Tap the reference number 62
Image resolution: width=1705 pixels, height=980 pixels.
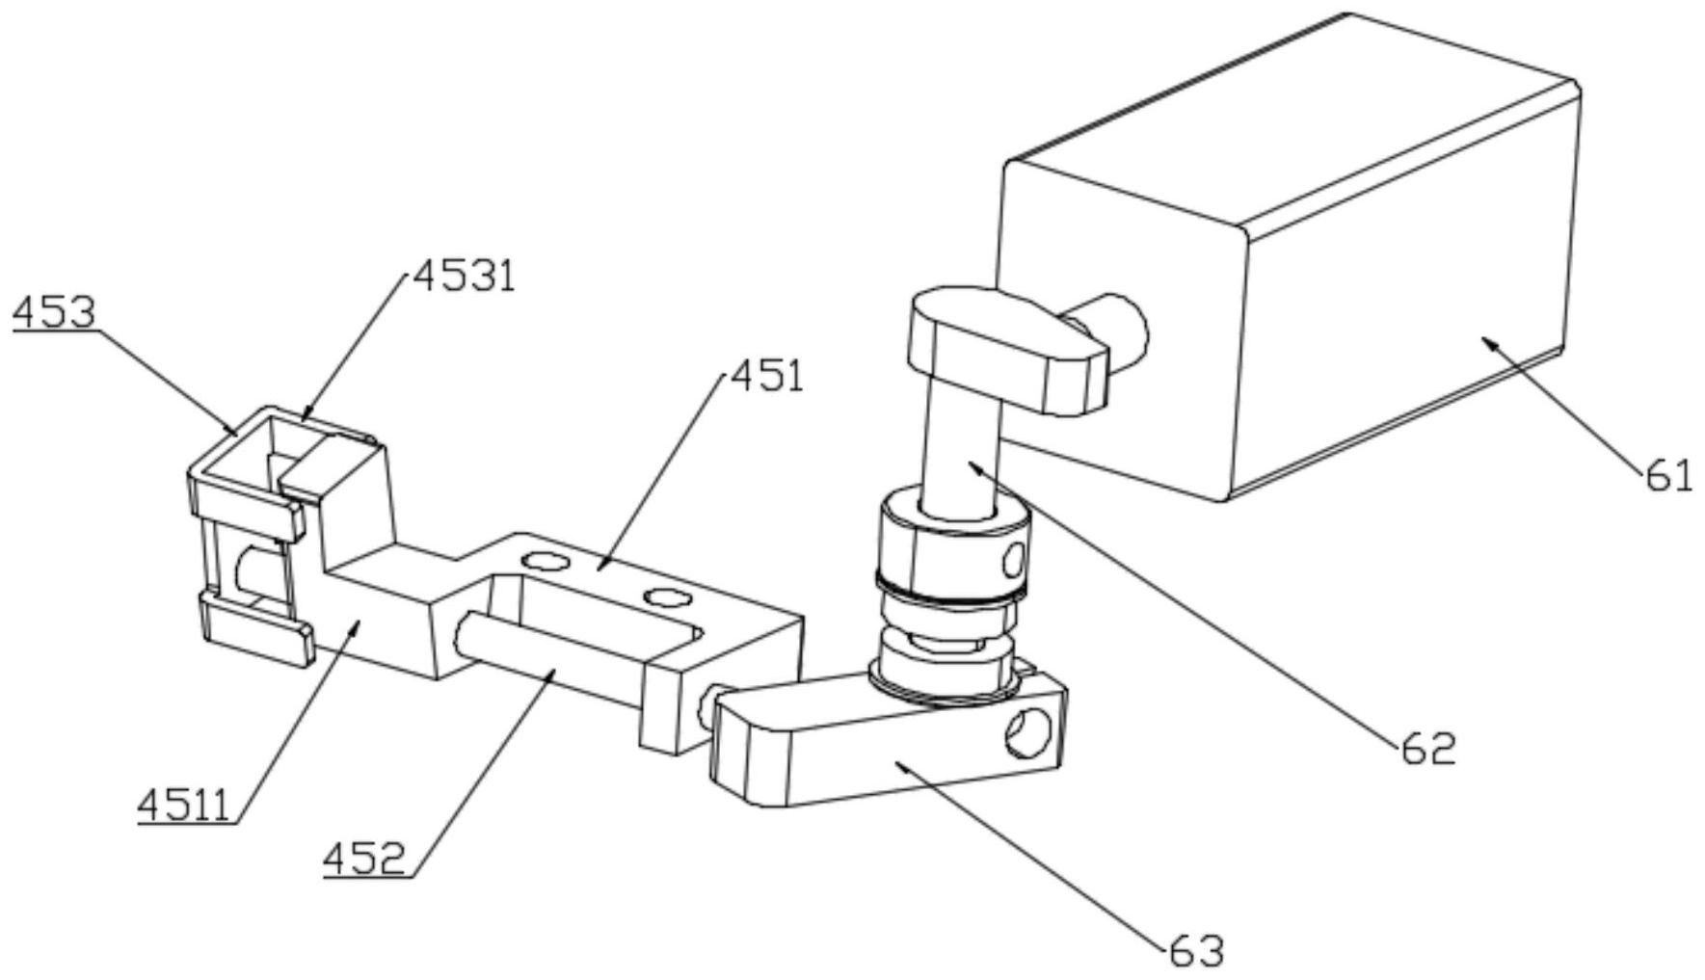(1426, 748)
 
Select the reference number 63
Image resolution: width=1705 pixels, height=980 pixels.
(1196, 951)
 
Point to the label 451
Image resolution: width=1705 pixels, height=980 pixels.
(767, 376)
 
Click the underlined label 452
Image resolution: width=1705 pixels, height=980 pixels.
(364, 856)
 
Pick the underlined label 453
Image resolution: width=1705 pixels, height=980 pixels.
(54, 313)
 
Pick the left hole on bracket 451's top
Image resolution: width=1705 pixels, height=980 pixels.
(540, 559)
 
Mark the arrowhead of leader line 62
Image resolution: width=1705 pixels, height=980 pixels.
(976, 467)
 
